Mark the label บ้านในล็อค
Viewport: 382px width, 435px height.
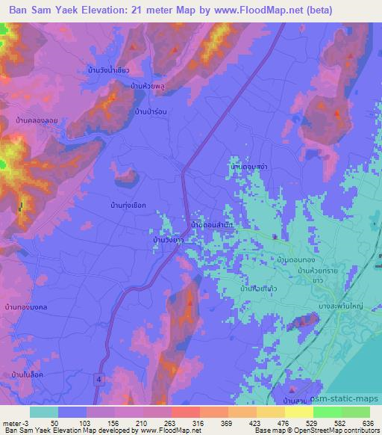[x=28, y=373]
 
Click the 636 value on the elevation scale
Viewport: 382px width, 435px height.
[x=369, y=422]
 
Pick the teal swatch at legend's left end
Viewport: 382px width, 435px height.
[x=45, y=412]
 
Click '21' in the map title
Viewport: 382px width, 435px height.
[x=143, y=10]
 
